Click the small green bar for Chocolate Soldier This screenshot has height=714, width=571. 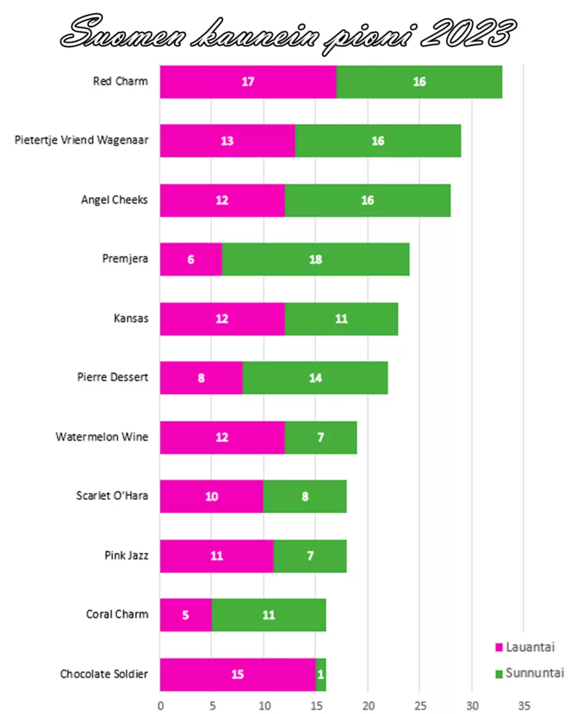click(321, 675)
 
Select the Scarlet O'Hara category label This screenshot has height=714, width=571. click(112, 496)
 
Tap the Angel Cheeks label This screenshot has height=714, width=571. click(114, 200)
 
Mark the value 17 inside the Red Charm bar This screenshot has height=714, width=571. click(248, 82)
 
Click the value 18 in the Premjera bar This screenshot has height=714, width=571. click(315, 260)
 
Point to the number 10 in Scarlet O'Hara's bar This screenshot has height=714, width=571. click(212, 497)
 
